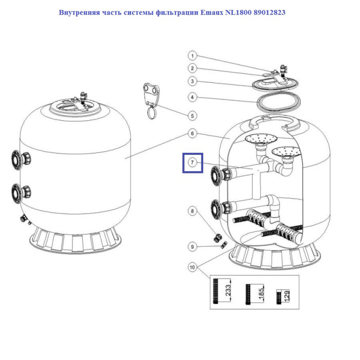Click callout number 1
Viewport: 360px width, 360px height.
(191, 56)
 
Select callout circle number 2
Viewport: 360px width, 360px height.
(191, 68)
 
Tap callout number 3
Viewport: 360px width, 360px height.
(191, 81)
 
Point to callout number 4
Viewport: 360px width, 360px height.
(191, 97)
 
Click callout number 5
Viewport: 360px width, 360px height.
(191, 116)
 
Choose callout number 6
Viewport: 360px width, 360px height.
(191, 133)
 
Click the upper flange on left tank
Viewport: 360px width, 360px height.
(15, 159)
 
